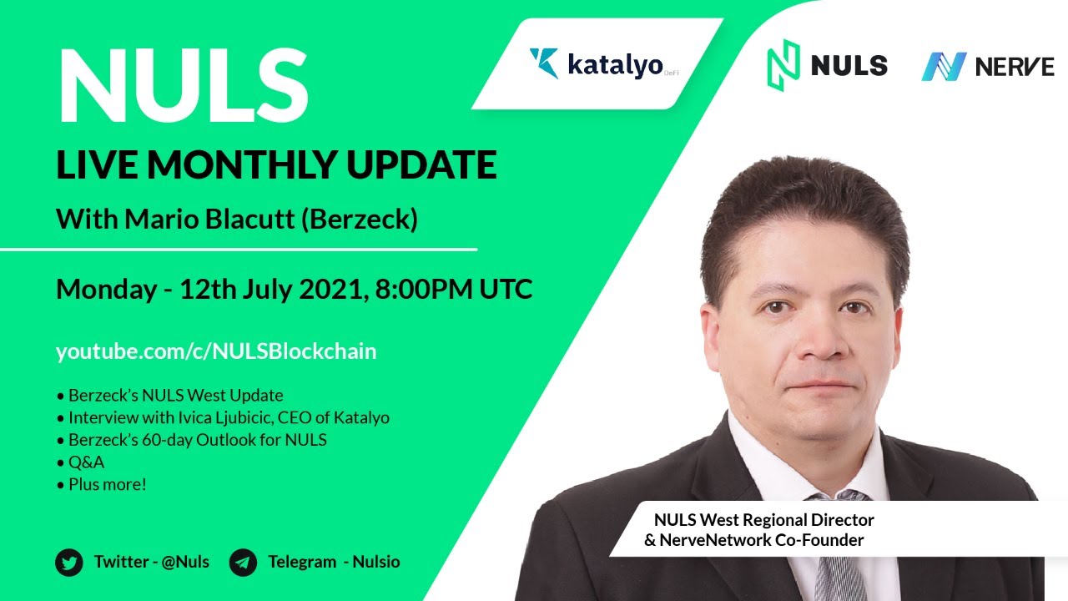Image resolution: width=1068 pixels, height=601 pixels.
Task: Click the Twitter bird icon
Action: (x=69, y=563)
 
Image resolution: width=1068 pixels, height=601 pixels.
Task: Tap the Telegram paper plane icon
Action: (x=243, y=563)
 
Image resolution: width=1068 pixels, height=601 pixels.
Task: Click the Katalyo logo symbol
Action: (x=544, y=63)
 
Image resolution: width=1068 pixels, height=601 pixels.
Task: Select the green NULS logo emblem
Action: (x=783, y=65)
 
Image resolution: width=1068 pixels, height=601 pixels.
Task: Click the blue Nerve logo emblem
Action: (x=944, y=66)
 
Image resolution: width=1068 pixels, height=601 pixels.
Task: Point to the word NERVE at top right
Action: (x=1015, y=66)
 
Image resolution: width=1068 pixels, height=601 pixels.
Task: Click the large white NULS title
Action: (x=184, y=86)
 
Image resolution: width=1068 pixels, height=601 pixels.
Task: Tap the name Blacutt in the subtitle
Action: (x=249, y=219)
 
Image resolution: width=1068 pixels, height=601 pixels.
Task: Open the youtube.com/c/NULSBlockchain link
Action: (x=216, y=352)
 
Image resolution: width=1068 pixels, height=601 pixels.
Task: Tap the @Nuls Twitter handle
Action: (x=185, y=562)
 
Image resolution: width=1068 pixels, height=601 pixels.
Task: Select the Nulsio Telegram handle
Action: (x=375, y=562)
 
